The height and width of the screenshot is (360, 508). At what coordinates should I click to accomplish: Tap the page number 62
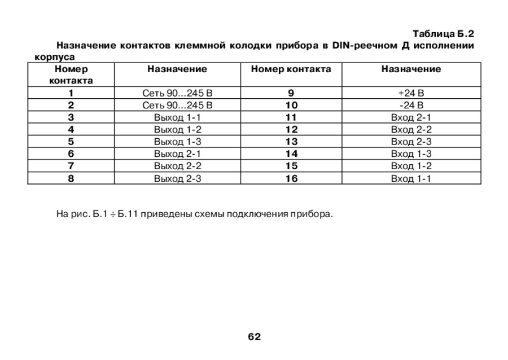(254, 337)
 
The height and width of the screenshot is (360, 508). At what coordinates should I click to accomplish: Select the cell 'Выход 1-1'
(177, 117)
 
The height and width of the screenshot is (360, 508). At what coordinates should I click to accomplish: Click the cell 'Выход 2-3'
(177, 178)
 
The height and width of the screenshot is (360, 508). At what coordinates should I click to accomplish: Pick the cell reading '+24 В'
(410, 93)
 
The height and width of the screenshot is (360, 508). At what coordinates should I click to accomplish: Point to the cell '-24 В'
(410, 106)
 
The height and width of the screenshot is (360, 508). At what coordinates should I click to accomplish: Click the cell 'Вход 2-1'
(410, 117)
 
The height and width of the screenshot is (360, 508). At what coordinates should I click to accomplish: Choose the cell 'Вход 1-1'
(410, 178)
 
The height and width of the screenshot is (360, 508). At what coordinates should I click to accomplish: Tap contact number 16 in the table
(291, 178)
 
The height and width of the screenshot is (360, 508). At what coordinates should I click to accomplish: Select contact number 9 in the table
(291, 93)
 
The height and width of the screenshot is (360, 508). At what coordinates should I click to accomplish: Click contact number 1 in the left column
(71, 93)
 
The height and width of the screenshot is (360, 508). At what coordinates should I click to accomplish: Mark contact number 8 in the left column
(71, 178)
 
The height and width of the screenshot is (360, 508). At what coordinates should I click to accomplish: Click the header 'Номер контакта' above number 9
(291, 69)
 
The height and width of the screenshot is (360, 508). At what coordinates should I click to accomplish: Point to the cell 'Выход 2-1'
(177, 154)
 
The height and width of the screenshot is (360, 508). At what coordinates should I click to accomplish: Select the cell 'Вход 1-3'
(410, 154)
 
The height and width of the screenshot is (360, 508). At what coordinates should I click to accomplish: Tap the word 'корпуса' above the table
(51, 57)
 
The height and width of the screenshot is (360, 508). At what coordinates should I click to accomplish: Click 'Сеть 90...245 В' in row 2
(177, 106)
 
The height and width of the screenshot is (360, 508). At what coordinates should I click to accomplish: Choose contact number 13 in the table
(291, 142)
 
